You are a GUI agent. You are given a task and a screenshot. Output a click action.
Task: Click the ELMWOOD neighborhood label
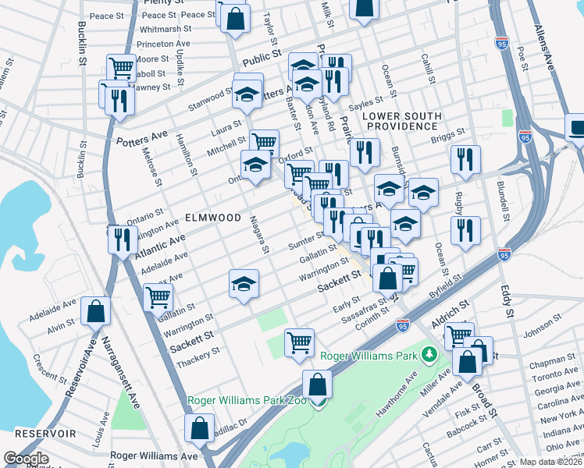212,218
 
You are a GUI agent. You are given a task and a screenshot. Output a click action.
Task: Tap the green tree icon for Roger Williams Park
428,356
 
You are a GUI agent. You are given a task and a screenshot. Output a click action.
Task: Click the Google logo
26,459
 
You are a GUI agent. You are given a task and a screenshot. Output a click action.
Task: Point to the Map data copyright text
550,462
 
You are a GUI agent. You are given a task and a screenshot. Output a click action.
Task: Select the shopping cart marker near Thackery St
300,342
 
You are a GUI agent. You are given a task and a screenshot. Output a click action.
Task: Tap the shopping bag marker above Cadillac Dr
199,427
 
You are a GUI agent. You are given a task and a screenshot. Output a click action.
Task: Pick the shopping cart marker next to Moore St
121,69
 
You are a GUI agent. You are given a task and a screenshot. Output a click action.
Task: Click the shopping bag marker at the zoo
318,384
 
